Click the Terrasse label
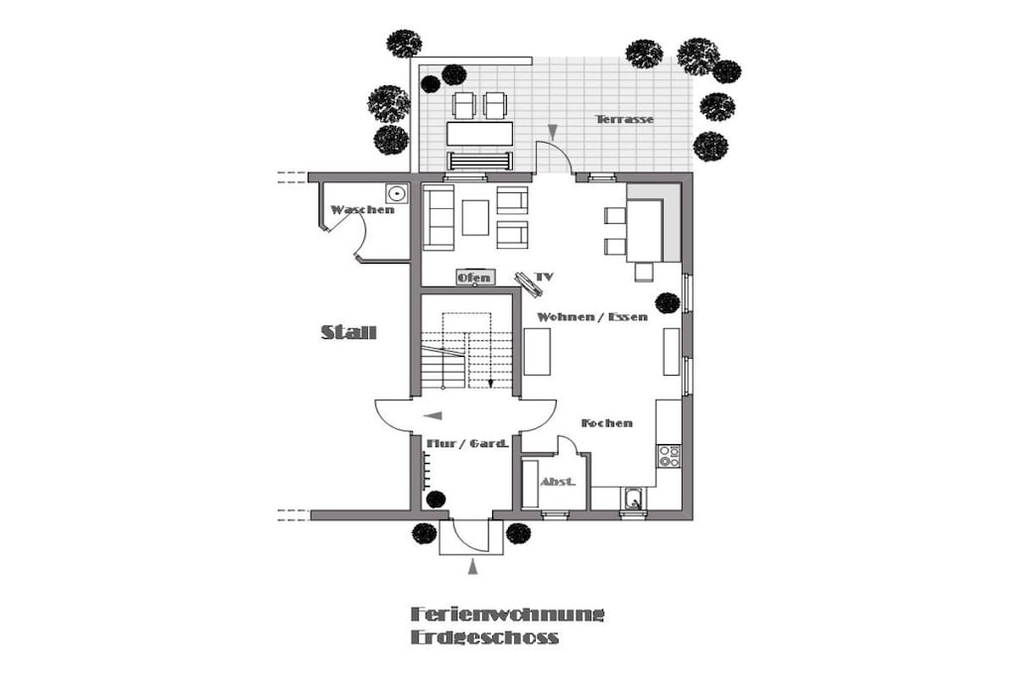coord(625,119)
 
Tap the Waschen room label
coord(362,210)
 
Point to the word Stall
coord(348,333)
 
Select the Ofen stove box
coord(475,278)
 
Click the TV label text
coord(545,277)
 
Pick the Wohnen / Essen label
coord(592,317)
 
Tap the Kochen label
coord(607,423)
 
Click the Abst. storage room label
coord(558,482)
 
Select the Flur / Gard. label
coord(466,444)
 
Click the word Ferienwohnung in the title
coord(507,614)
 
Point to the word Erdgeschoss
coord(484,637)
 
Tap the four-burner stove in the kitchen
coord(670,456)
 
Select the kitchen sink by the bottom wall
coord(634,499)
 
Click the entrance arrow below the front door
coord(473,568)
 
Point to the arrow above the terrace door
coord(553,132)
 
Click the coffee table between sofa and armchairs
coord(475,217)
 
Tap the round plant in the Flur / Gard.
coord(437,499)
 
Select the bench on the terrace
coord(480,161)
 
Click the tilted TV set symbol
coord(529,284)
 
